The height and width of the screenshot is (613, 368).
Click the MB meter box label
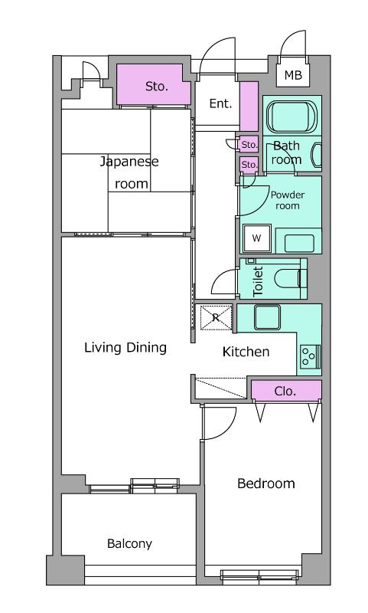pos(293,74)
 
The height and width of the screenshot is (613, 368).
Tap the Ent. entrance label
pos(220,103)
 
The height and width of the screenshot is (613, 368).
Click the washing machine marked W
pos(257,238)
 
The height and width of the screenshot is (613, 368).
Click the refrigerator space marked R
pos(216,317)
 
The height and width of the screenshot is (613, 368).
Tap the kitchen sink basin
pos(267,317)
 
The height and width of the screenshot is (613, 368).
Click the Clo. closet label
pos(285,391)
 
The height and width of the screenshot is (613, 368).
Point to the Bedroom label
pos(266,484)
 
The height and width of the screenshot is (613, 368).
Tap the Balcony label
pos(129,544)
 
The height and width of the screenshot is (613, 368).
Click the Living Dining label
pos(125,348)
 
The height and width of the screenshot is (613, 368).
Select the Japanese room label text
pos(129,172)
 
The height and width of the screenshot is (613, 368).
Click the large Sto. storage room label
pos(157,86)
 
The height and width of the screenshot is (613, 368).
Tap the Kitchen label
pos(246,352)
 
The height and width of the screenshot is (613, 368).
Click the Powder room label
pos(288,200)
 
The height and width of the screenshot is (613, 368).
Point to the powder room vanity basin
pos(299,243)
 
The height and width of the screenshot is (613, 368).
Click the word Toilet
pos(258,281)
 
